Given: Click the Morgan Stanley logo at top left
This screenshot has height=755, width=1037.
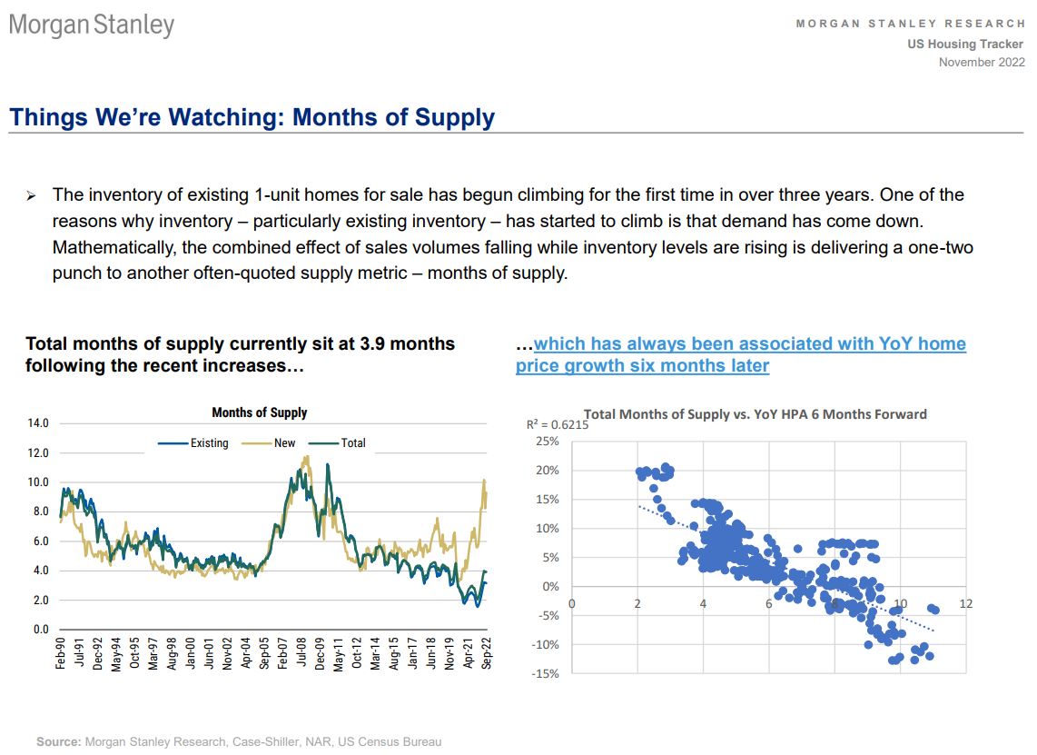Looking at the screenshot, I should [92, 25].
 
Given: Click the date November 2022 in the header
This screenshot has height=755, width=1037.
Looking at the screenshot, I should [982, 62].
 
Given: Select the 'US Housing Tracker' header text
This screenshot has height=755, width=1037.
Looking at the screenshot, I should [965, 45].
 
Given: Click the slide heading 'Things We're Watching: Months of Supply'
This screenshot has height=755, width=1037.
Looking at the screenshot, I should [252, 117].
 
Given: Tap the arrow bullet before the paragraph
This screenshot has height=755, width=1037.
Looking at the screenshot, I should [30, 196].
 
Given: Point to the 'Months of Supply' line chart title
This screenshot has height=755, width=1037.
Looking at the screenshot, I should [259, 412].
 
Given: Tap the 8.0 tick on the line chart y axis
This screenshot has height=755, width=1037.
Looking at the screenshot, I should [40, 512].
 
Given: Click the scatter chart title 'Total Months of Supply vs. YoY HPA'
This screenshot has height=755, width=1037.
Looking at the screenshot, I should [755, 414].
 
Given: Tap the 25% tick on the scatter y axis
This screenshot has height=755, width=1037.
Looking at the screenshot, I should [548, 442].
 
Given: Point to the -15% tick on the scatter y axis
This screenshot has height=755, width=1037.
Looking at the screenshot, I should [546, 673].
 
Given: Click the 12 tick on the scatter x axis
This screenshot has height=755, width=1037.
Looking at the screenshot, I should [964, 604].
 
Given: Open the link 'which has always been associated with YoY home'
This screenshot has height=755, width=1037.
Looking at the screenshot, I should [750, 343].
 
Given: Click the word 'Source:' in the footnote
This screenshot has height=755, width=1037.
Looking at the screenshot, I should [58, 742].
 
